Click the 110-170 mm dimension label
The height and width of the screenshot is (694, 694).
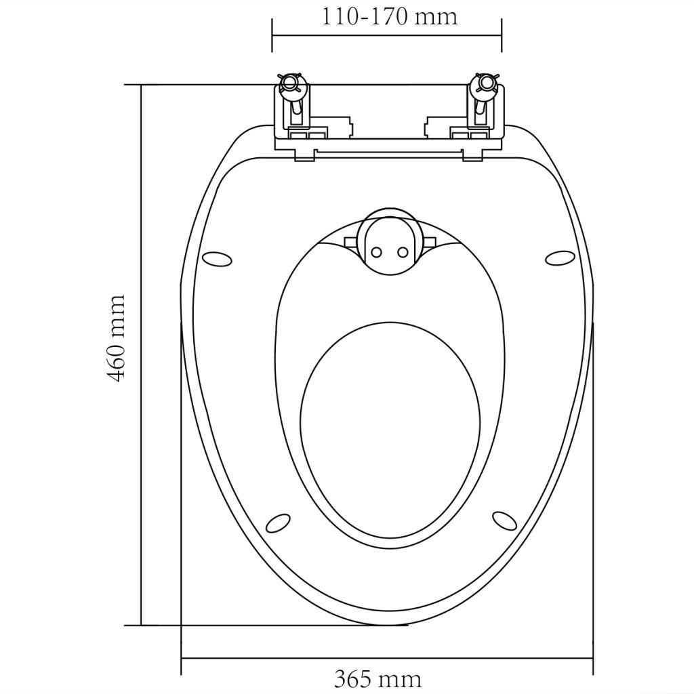tap(389, 16)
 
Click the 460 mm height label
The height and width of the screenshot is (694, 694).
tap(117, 338)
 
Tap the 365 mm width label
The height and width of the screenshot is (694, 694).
tap(377, 678)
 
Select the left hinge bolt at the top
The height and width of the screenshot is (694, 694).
tap(289, 84)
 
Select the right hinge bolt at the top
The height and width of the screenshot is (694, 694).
tap(485, 84)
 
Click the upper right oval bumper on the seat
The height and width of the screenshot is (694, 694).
tap(560, 258)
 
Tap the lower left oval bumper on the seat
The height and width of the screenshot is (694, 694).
tap(277, 522)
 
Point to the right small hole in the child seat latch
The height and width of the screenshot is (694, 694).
tap(403, 252)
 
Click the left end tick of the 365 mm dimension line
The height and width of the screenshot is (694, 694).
tap(181, 658)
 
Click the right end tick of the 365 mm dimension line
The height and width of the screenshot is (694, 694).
tap(593, 658)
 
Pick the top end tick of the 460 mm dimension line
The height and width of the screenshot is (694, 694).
tap(141, 85)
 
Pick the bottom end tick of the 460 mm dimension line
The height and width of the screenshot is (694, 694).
tap(141, 625)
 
